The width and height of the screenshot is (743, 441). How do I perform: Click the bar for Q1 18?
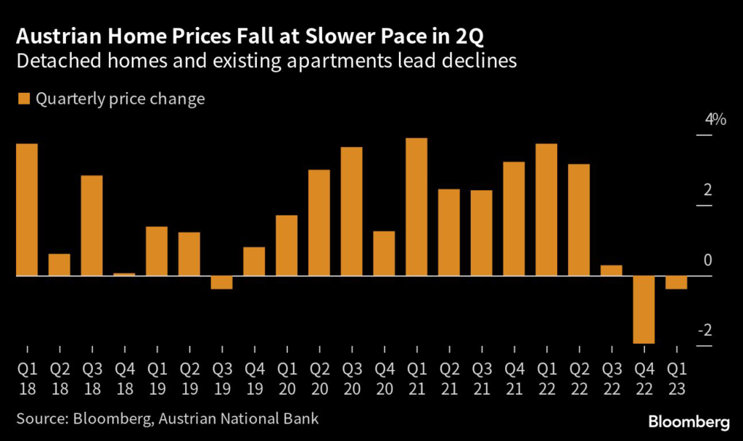click(27, 210)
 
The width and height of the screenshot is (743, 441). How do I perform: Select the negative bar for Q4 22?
click(644, 310)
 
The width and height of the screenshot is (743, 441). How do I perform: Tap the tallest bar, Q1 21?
click(416, 207)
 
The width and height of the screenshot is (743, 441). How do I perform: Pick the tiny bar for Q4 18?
click(124, 274)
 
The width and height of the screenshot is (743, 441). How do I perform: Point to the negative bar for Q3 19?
click(221, 283)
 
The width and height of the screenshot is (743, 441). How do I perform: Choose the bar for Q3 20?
click(351, 211)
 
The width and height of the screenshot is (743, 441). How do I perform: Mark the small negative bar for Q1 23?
click(676, 283)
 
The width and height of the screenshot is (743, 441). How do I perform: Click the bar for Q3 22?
click(611, 271)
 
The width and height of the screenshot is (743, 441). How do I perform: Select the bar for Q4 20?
click(384, 253)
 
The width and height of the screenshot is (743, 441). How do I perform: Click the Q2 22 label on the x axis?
click(578, 379)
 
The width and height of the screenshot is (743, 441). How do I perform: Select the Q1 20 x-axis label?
click(287, 379)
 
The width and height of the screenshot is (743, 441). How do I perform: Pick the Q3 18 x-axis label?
click(91, 379)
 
